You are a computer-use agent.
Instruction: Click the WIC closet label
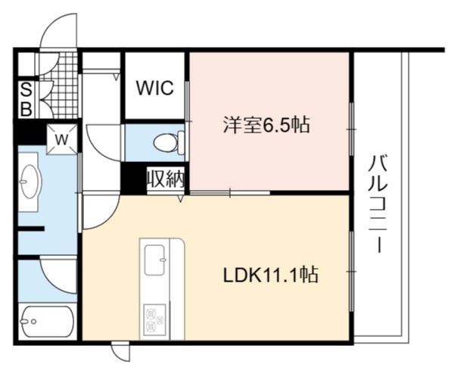point(155,88)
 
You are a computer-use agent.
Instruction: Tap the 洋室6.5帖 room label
point(266,125)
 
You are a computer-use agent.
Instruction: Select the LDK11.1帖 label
point(271,274)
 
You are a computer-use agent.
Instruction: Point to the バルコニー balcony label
point(378,204)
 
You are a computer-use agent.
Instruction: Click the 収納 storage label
point(166,179)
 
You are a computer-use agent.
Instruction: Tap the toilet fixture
point(169,142)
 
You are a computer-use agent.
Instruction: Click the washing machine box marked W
point(62,139)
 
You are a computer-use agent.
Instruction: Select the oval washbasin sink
point(30,182)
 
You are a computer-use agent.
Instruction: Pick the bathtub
point(48,321)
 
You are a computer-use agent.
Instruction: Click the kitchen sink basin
point(155,260)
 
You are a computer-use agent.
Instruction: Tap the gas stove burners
point(154,320)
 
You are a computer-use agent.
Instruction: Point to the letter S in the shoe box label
point(26,91)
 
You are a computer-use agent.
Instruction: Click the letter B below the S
point(26,109)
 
